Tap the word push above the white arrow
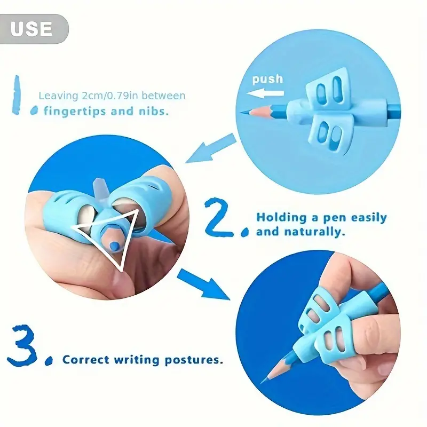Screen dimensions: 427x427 click(267, 79)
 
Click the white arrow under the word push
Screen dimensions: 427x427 click(265, 94)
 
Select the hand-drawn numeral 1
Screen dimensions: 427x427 click(17, 95)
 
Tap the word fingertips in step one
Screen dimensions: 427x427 click(75, 112)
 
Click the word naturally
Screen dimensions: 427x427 click(315, 232)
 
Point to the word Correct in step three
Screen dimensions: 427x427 click(86, 360)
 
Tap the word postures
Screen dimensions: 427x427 click(194, 360)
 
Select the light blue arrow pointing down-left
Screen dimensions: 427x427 click(210, 149)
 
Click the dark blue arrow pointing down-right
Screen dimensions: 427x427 click(204, 284)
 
